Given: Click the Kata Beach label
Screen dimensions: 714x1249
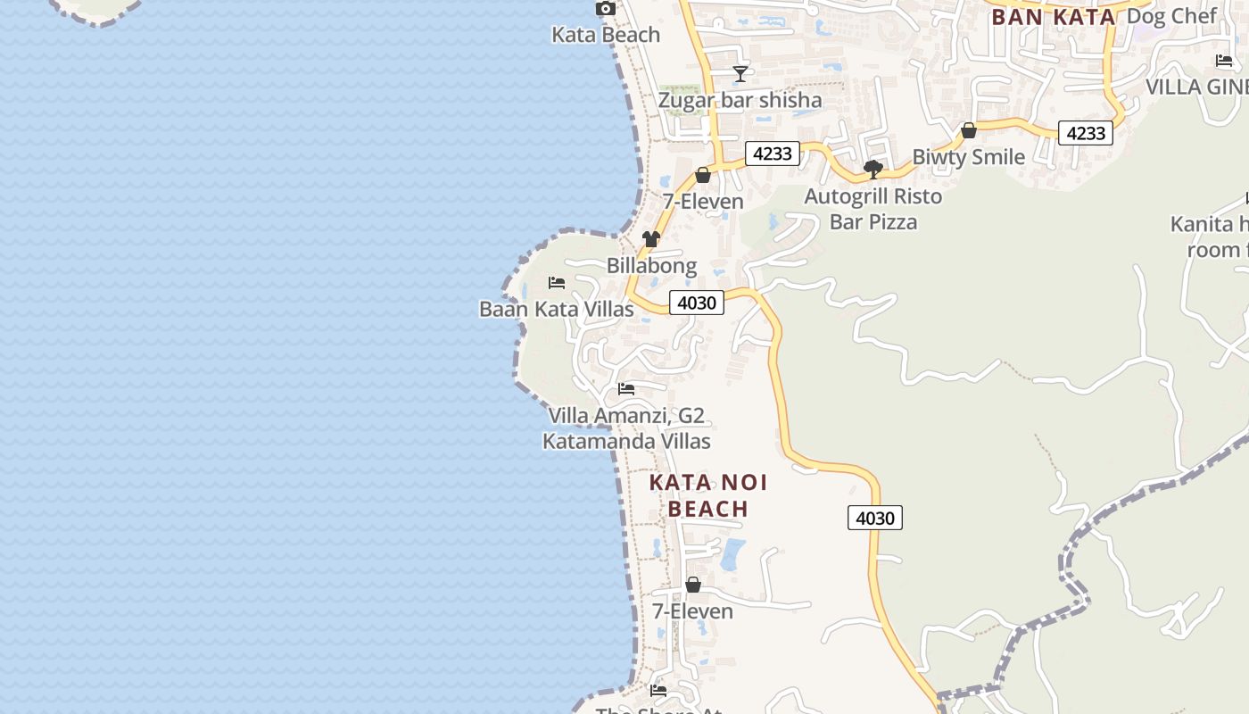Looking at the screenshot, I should pyautogui.click(x=606, y=35).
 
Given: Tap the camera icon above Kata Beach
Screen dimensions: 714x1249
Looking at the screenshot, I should pyautogui.click(x=606, y=9).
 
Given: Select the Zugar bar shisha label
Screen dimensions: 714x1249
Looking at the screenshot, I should pyautogui.click(x=740, y=100).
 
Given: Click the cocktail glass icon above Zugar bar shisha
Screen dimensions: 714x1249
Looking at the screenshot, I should pyautogui.click(x=740, y=73).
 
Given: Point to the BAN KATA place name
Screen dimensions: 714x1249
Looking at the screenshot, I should pyautogui.click(x=1054, y=17).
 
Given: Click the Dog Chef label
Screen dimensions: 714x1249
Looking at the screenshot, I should pyautogui.click(x=1171, y=16).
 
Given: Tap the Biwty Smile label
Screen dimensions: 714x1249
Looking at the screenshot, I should pyautogui.click(x=968, y=157).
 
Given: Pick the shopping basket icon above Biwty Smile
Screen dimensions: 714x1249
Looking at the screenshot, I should pyautogui.click(x=969, y=131).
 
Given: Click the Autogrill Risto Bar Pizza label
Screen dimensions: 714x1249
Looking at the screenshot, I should pyautogui.click(x=873, y=209).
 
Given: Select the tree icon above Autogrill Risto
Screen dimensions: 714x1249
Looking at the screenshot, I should pyautogui.click(x=873, y=169).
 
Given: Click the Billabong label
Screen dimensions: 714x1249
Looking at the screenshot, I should pyautogui.click(x=651, y=266).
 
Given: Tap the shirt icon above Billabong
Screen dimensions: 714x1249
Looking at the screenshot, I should pyautogui.click(x=651, y=239).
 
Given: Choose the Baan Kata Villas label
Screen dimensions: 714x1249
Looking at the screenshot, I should pyautogui.click(x=557, y=310).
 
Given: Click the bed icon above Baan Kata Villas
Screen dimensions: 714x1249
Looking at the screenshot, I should pyautogui.click(x=557, y=283).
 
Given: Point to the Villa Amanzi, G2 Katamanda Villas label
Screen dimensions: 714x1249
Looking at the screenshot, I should pyautogui.click(x=626, y=428).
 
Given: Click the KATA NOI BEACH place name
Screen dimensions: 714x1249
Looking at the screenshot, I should pyautogui.click(x=708, y=496).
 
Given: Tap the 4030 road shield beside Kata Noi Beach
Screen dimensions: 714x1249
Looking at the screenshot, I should pyautogui.click(x=875, y=518).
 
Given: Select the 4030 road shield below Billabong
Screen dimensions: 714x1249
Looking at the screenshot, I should pyautogui.click(x=696, y=303).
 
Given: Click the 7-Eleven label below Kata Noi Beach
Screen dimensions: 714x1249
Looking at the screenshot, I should pyautogui.click(x=692, y=611).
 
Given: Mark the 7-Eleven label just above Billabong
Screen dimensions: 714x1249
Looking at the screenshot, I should pyautogui.click(x=703, y=202).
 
